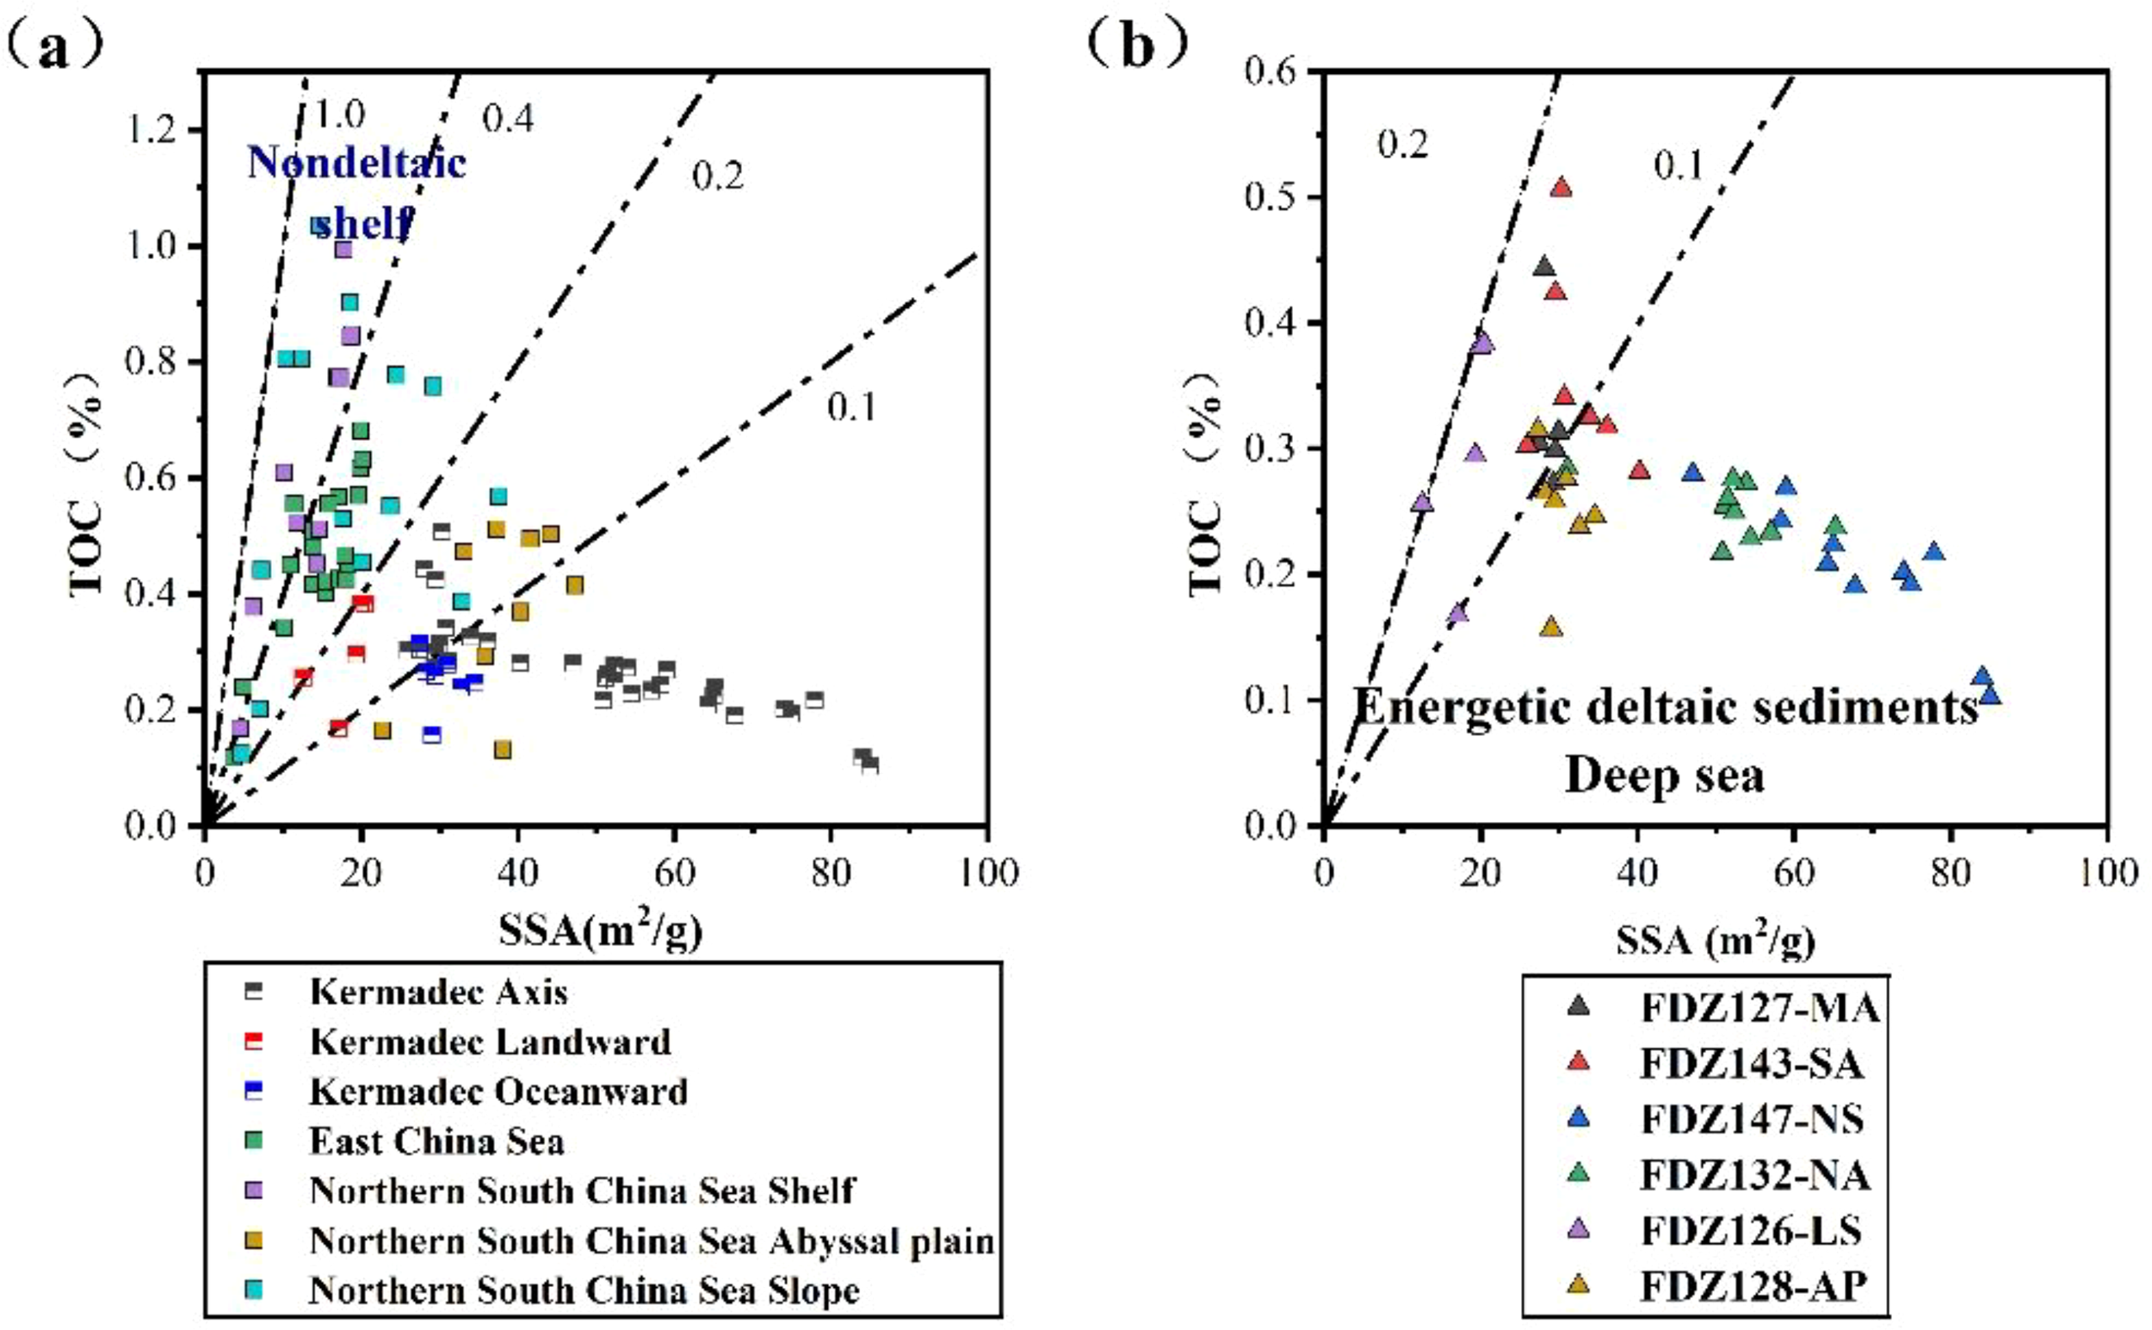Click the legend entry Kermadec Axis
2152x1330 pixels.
[x=438, y=993]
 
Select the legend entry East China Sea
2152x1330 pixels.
[x=436, y=1141]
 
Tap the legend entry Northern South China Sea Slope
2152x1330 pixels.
[x=583, y=1290]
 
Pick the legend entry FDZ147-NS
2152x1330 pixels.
[x=1752, y=1120]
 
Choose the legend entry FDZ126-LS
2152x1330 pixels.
[x=1750, y=1232]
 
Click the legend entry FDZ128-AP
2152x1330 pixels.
[x=1752, y=1287]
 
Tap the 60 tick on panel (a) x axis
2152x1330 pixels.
[x=675, y=873]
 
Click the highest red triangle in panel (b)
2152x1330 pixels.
[x=1561, y=188]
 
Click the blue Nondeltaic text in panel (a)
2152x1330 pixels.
[x=356, y=163]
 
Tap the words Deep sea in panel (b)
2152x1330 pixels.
[x=1665, y=775]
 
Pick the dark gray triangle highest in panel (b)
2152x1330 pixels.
[x=1543, y=268]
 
